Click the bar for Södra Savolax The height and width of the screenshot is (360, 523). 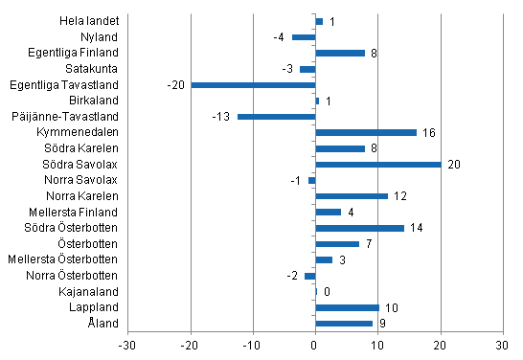pos(378,164)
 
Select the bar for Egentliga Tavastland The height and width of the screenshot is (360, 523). pos(253,84)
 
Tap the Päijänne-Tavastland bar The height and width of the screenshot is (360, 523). pos(276,116)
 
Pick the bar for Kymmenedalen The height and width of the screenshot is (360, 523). pos(366,132)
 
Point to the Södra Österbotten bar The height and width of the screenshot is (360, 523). pos(359,228)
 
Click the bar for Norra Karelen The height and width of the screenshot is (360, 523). pos(352,195)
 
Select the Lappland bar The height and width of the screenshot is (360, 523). pos(347,307)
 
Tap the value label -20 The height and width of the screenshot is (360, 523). pos(174,84)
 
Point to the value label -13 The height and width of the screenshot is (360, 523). pos(220,116)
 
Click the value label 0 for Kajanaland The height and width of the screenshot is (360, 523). pos(327,291)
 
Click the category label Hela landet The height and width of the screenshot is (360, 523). pos(90,21)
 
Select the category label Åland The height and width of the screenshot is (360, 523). pos(103,324)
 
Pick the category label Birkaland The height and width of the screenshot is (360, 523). pos(94,101)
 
